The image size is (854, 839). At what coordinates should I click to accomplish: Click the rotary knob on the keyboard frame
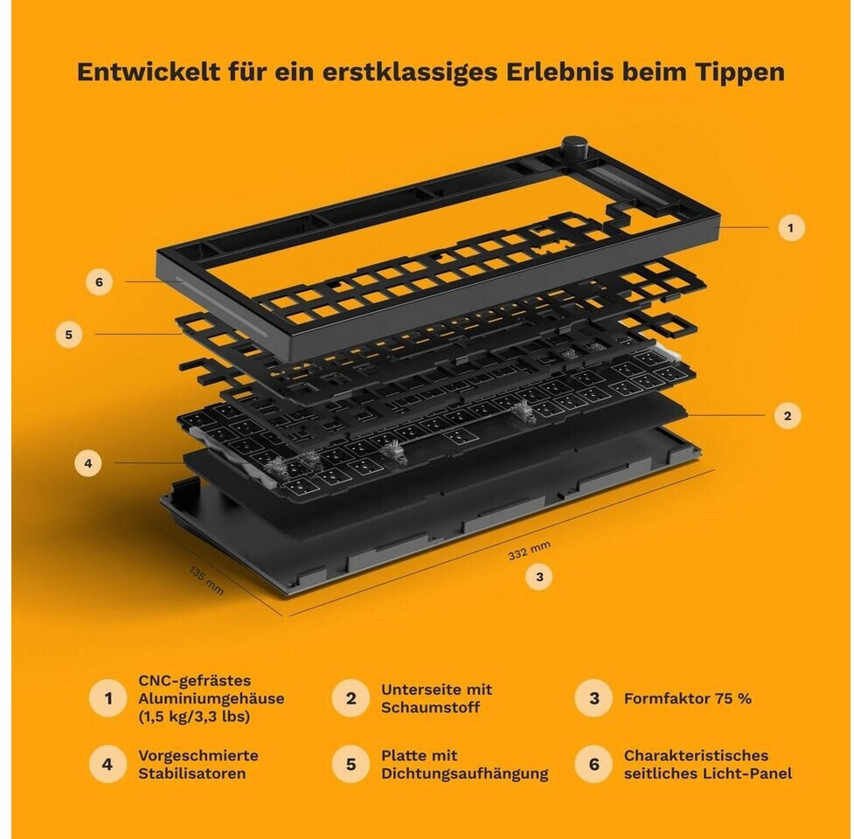pyautogui.click(x=574, y=148)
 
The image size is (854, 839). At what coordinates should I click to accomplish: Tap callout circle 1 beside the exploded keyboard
pyautogui.click(x=791, y=227)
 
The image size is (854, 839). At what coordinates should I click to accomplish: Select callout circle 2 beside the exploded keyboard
pyautogui.click(x=788, y=416)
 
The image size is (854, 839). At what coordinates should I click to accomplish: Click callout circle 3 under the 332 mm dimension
pyautogui.click(x=539, y=577)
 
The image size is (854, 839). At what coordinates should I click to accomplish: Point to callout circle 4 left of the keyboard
pyautogui.click(x=88, y=463)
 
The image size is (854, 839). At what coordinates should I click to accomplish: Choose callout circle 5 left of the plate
pyautogui.click(x=69, y=334)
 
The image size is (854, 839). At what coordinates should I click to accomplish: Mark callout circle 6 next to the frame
pyautogui.click(x=99, y=282)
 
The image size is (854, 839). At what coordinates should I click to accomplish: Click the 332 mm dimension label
pyautogui.click(x=530, y=551)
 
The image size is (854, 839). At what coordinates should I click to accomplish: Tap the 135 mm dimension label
pyautogui.click(x=206, y=580)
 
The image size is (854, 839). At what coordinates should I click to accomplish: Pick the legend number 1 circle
pyautogui.click(x=108, y=698)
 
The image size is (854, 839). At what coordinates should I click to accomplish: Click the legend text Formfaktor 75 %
pyautogui.click(x=688, y=698)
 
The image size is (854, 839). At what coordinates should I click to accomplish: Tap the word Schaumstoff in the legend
pyautogui.click(x=430, y=708)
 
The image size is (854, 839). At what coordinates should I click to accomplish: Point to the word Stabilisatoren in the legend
pyautogui.click(x=191, y=773)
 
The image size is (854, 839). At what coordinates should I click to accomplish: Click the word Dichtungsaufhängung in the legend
pyautogui.click(x=464, y=774)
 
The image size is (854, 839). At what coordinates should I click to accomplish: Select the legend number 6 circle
pyautogui.click(x=594, y=764)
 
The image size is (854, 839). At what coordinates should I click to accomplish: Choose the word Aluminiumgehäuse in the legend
pyautogui.click(x=212, y=699)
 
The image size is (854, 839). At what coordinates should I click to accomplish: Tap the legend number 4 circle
pyautogui.click(x=108, y=764)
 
